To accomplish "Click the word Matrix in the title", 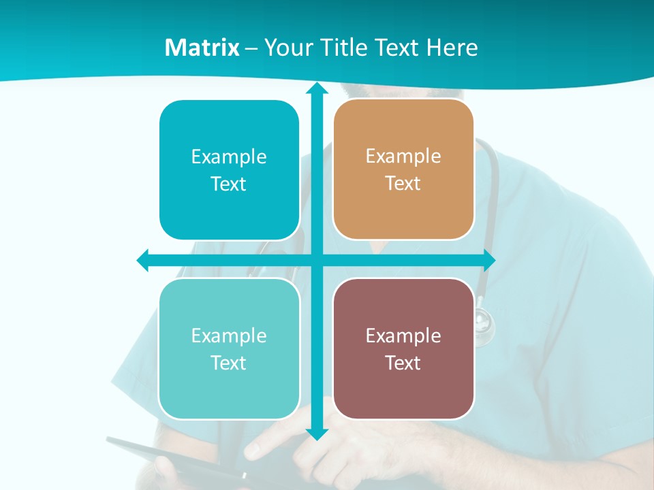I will click(202, 48).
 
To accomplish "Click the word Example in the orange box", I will click(403, 156).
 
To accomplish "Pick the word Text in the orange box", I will click(403, 183).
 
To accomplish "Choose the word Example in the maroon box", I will click(403, 336).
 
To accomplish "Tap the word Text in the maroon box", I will click(403, 363).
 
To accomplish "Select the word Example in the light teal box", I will click(229, 336).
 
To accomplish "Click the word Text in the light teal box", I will click(229, 363).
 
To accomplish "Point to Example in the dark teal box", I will click(229, 157).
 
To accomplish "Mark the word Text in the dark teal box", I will click(229, 184).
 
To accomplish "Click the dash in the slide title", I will click(251, 48).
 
